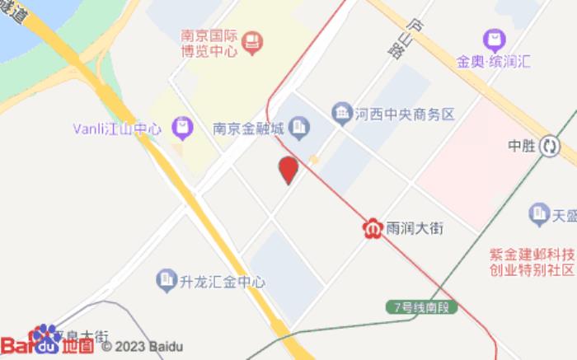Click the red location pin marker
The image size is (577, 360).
click(x=288, y=170)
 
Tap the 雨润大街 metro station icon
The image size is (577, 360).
click(x=372, y=227)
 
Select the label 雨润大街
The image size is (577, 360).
click(x=415, y=228)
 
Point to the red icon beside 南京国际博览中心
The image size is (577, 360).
click(x=253, y=38)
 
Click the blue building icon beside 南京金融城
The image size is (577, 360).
click(x=299, y=128)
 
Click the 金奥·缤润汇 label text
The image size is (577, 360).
click(x=495, y=62)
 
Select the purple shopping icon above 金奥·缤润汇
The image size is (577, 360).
click(x=494, y=38)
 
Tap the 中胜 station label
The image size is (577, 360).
click(x=523, y=147)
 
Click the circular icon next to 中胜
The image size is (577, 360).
click(x=550, y=147)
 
